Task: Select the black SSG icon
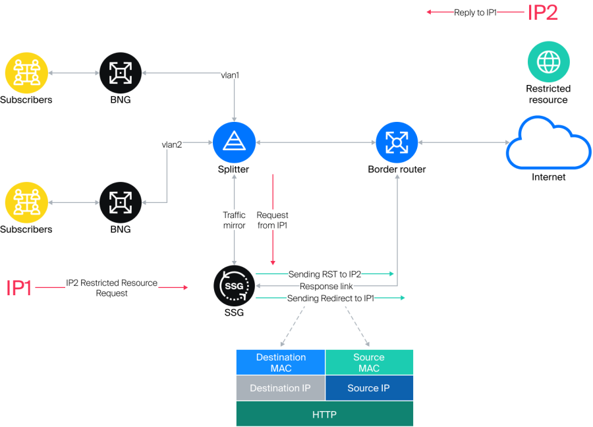pos(234,286)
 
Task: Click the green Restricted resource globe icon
pos(548,63)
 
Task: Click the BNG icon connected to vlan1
pos(120,73)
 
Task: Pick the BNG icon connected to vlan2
pos(120,202)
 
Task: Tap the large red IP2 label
pos(542,13)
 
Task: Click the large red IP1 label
pos(19,288)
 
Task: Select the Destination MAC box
pos(281,362)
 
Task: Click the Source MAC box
pos(369,362)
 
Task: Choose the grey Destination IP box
pos(281,388)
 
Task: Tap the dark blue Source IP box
pos(369,388)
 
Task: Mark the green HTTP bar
pos(325,414)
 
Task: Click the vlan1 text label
pos(230,75)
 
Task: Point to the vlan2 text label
pos(172,144)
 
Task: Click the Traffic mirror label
pos(235,220)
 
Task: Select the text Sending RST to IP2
pos(325,273)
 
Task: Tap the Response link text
pos(326,286)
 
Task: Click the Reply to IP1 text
pos(475,13)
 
